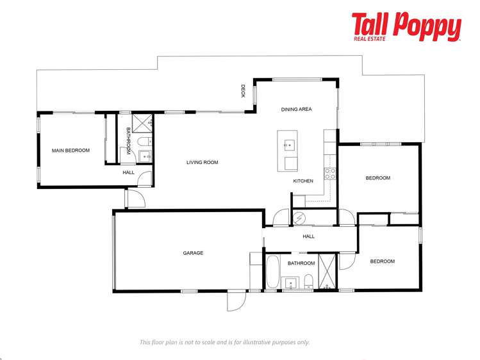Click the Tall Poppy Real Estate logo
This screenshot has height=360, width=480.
406,27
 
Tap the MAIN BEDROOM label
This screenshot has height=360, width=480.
70,151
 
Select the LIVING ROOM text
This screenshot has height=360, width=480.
203,163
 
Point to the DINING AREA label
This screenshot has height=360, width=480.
296,110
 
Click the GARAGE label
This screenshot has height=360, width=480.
193,253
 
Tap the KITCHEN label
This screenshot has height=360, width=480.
303,181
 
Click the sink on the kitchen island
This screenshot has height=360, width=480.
288,144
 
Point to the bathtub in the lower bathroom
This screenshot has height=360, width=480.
272,272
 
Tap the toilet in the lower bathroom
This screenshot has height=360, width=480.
308,281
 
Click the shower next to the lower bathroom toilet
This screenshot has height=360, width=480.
327,272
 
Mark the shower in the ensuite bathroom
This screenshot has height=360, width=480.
142,122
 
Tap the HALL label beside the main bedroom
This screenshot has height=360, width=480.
129,172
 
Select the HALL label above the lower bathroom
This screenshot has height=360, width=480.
309,236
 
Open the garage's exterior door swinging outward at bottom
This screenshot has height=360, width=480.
236,301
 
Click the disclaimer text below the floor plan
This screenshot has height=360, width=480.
224,342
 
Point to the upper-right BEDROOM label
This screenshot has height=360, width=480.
377,178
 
